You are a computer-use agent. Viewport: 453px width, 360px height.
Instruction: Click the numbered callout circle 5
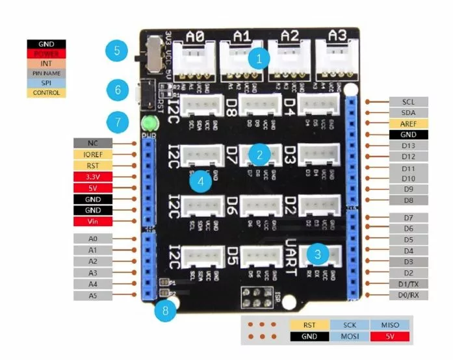[x=117, y=51]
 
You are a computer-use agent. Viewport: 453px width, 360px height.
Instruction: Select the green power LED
[x=149, y=123]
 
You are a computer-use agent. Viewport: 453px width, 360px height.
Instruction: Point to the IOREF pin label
[x=94, y=154]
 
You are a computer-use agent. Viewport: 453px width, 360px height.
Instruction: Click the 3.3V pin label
[x=94, y=177]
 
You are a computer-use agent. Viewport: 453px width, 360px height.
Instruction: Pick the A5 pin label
[x=94, y=295]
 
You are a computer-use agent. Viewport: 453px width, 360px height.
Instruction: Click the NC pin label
[x=94, y=142]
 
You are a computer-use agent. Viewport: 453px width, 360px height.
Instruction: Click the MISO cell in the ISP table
[x=389, y=324]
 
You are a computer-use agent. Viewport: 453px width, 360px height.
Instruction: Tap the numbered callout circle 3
[x=317, y=254]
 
